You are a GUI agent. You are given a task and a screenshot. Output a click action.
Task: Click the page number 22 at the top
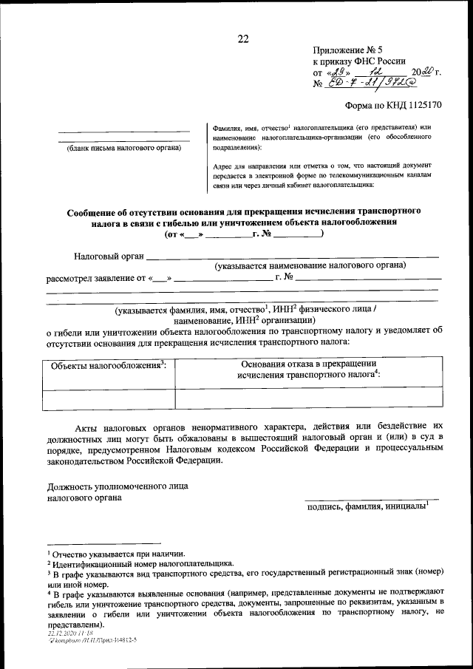pos(242,40)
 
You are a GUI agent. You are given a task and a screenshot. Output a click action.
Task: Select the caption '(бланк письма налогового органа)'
pos(120,148)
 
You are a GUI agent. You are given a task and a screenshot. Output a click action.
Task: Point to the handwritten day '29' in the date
pos(338,73)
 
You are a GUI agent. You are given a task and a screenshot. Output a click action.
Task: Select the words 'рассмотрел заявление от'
pos(97,279)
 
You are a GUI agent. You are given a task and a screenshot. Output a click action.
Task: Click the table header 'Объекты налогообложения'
pos(106,366)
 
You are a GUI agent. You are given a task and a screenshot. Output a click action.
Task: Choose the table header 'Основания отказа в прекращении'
pos(309,363)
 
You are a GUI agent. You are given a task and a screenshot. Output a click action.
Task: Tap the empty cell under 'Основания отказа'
pos(309,398)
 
